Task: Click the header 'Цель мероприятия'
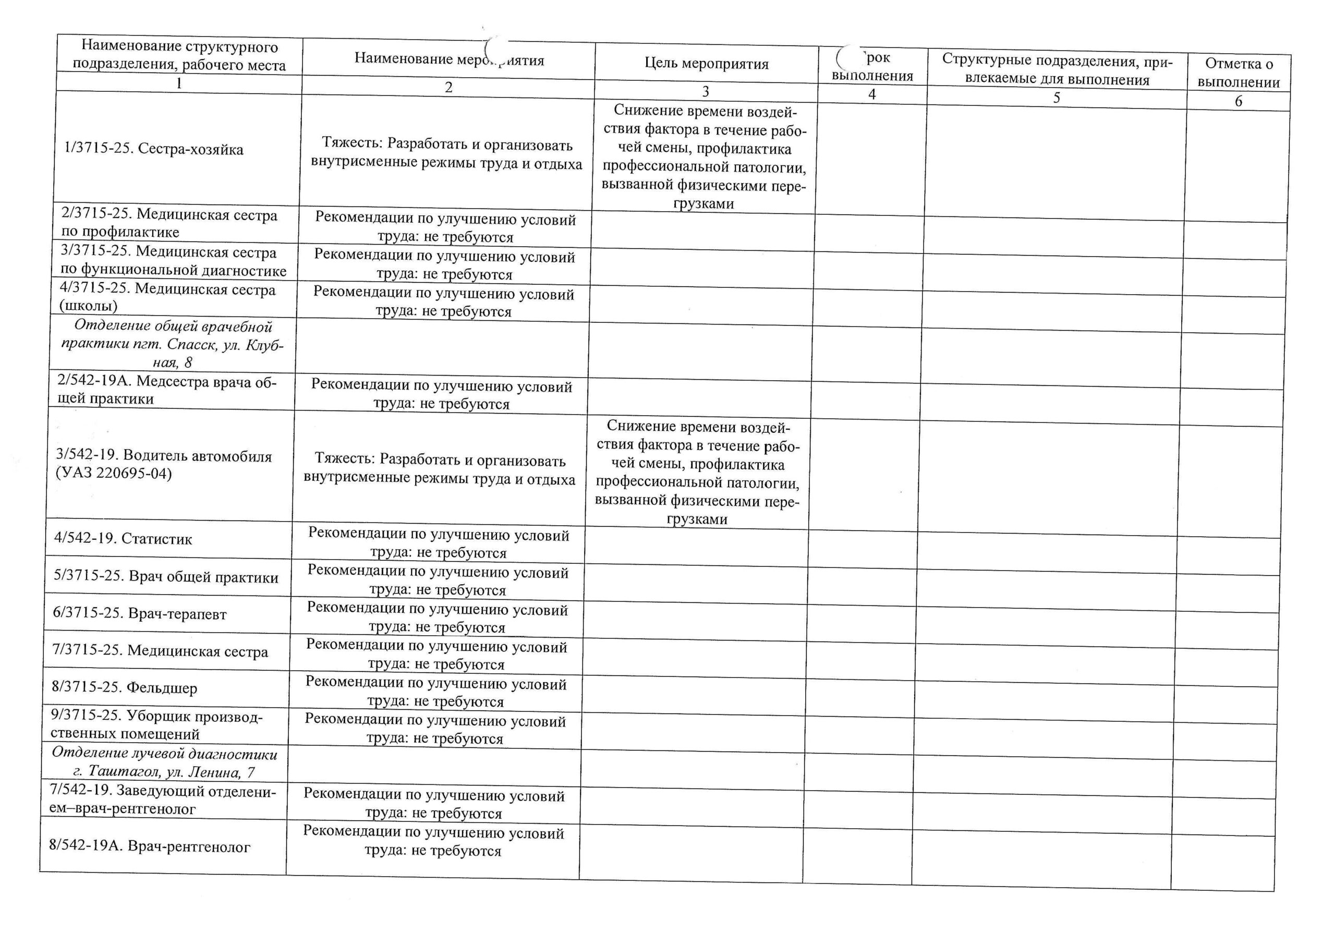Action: point(706,64)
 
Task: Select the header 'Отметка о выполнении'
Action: point(1239,72)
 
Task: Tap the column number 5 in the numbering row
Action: point(1057,97)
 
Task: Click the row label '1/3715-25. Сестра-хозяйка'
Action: point(153,150)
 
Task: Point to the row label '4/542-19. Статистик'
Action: point(123,539)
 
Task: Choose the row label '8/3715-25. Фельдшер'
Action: point(125,687)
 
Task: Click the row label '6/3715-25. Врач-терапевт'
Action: point(140,614)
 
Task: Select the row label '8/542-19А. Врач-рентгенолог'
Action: point(150,846)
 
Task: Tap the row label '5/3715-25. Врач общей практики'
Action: point(166,576)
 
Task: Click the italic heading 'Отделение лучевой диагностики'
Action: point(165,754)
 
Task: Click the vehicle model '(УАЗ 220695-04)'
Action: point(114,474)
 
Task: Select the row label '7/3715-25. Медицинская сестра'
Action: point(160,651)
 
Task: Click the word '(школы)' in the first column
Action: point(88,306)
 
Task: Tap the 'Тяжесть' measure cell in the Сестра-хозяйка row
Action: point(446,154)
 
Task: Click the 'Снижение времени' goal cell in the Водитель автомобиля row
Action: point(697,473)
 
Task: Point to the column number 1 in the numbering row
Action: point(179,83)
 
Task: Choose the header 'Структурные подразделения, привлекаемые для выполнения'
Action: point(1057,70)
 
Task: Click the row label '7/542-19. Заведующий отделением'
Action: point(163,800)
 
